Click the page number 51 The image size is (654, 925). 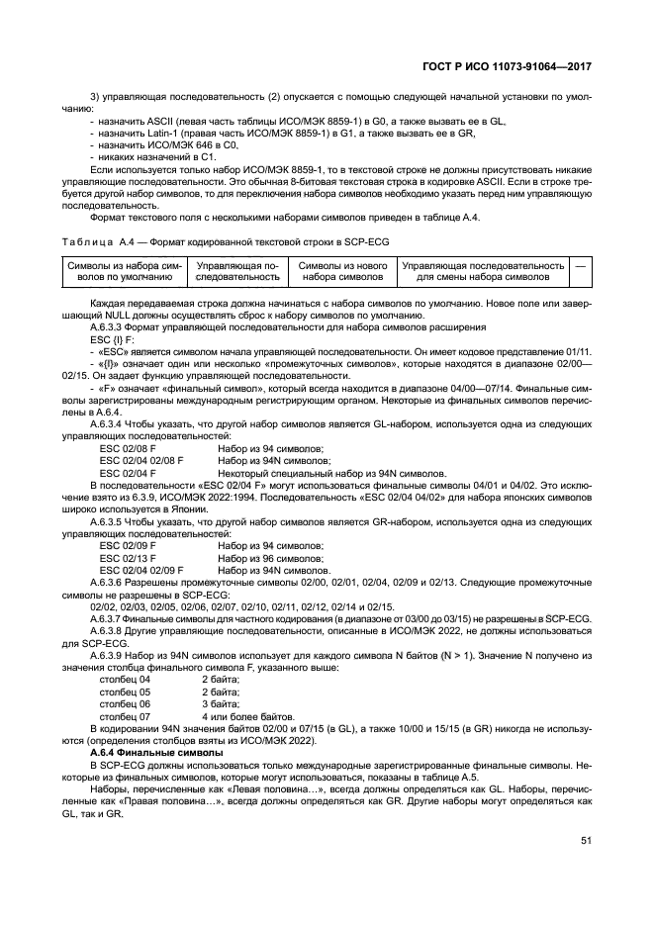click(585, 841)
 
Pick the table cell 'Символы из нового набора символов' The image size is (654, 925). click(341, 272)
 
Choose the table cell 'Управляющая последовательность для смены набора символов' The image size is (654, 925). click(483, 272)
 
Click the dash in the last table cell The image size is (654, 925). click(581, 266)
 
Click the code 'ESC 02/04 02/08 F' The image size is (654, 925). click(141, 460)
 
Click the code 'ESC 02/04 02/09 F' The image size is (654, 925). click(141, 571)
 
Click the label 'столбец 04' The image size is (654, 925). click(126, 681)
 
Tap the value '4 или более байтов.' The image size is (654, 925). click(247, 716)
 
